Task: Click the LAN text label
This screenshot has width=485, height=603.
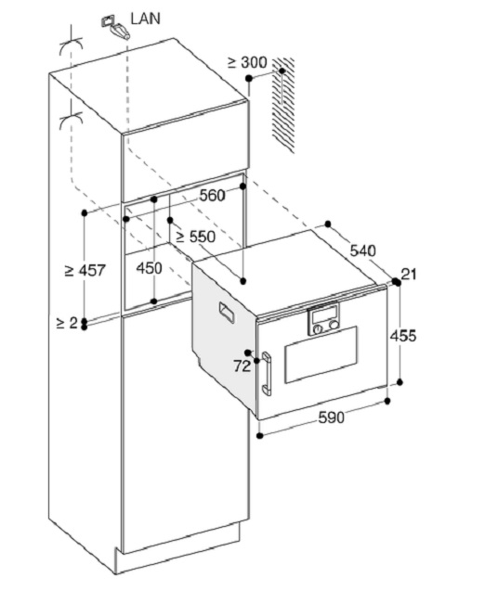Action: [145, 19]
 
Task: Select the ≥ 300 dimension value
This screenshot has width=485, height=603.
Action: [247, 62]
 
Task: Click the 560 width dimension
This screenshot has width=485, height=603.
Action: [212, 196]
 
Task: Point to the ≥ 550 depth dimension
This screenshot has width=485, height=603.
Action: [196, 237]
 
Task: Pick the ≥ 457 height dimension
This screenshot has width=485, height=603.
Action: [85, 270]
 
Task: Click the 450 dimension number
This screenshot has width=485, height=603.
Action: [149, 268]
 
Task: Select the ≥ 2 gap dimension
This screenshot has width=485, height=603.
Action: [67, 323]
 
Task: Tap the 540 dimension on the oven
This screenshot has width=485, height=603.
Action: [362, 250]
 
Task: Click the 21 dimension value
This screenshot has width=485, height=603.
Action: [409, 275]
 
